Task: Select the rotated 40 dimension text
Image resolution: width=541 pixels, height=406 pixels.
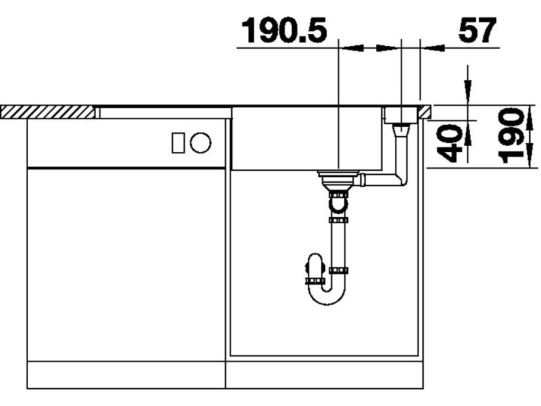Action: coord(449,143)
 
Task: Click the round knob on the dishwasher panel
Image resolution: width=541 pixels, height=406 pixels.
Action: coord(200,143)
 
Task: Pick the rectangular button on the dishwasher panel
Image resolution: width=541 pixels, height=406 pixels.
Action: coord(178,143)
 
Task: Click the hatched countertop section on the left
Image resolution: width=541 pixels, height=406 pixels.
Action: coord(48,113)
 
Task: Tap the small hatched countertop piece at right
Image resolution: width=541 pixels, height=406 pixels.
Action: coord(425,111)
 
